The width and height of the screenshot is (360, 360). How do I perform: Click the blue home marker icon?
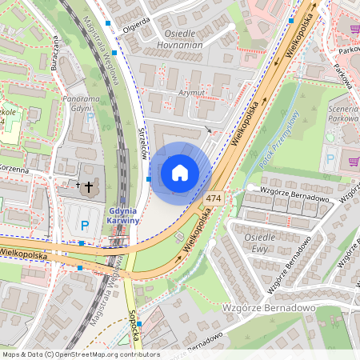180,172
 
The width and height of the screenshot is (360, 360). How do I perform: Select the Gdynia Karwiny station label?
124,216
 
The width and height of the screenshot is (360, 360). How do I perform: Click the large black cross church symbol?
87,186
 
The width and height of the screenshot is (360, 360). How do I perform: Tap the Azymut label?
191,93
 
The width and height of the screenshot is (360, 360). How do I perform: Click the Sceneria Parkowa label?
343,112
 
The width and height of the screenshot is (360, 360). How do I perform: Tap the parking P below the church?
84,225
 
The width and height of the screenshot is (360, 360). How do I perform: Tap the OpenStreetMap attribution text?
81,354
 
